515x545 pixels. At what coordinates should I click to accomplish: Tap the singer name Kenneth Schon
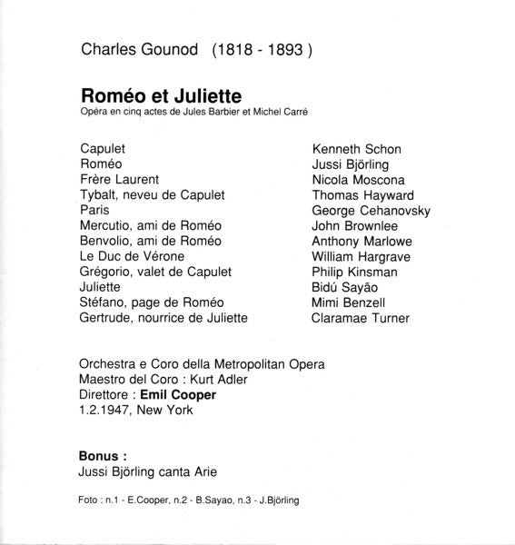pyautogui.click(x=356, y=148)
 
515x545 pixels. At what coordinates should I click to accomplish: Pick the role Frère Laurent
pyautogui.click(x=120, y=180)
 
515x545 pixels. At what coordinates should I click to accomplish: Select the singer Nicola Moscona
pyautogui.click(x=358, y=180)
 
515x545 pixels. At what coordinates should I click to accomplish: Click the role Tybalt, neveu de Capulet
pyautogui.click(x=152, y=195)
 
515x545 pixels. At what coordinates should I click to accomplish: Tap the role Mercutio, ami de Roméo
pyautogui.click(x=151, y=226)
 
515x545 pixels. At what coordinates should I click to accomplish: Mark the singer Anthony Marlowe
pyautogui.click(x=361, y=242)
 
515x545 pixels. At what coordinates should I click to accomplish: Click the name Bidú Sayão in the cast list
pyautogui.click(x=346, y=287)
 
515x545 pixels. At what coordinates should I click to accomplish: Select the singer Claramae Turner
pyautogui.click(x=360, y=318)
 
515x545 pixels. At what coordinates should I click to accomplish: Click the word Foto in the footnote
pyautogui.click(x=90, y=501)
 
